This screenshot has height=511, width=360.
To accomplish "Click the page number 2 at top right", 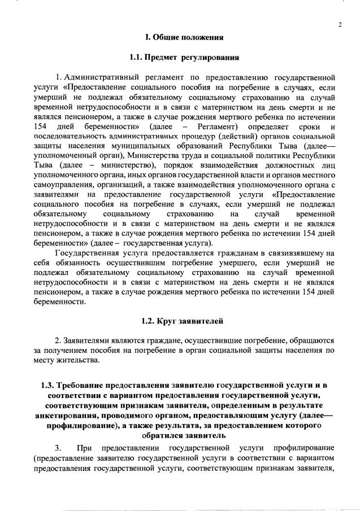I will tap(340, 24).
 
